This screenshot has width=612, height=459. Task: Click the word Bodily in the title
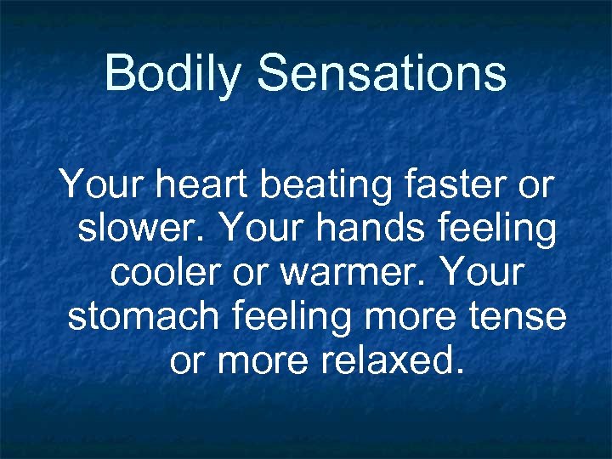(173, 73)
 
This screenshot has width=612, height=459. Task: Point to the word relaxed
(390, 361)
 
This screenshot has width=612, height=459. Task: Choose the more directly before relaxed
(266, 361)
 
